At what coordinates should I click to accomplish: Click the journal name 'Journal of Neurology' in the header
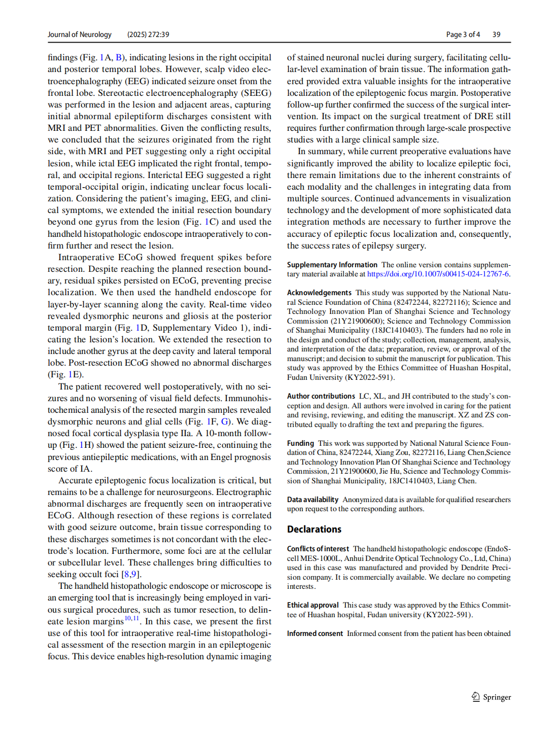pyautogui.click(x=80, y=34)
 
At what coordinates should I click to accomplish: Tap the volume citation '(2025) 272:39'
pyautogui.click(x=148, y=34)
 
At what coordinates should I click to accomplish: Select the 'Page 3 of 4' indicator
pyautogui.click(x=463, y=34)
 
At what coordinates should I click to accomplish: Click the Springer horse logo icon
pyautogui.click(x=475, y=697)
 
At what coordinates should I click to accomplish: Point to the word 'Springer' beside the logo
pyautogui.click(x=497, y=697)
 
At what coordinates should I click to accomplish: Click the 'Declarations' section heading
pyautogui.click(x=314, y=529)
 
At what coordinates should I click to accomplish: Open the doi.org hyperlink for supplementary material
pyautogui.click(x=438, y=274)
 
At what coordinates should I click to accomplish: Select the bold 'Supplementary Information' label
pyautogui.click(x=332, y=265)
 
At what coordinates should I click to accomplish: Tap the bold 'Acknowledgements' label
pyautogui.click(x=319, y=293)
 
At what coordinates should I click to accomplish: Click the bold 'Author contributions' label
pyautogui.click(x=321, y=396)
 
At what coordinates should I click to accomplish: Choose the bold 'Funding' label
pyautogui.click(x=300, y=443)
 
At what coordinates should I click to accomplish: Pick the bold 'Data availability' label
pyautogui.click(x=312, y=500)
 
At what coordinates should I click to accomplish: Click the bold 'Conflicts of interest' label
pyautogui.click(x=318, y=549)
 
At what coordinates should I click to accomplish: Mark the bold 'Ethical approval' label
pyautogui.click(x=312, y=605)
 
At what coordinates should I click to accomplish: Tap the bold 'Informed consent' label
pyautogui.click(x=315, y=633)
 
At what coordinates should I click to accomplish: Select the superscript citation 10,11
pyautogui.click(x=131, y=618)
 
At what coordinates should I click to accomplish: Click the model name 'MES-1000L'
pyautogui.click(x=320, y=558)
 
